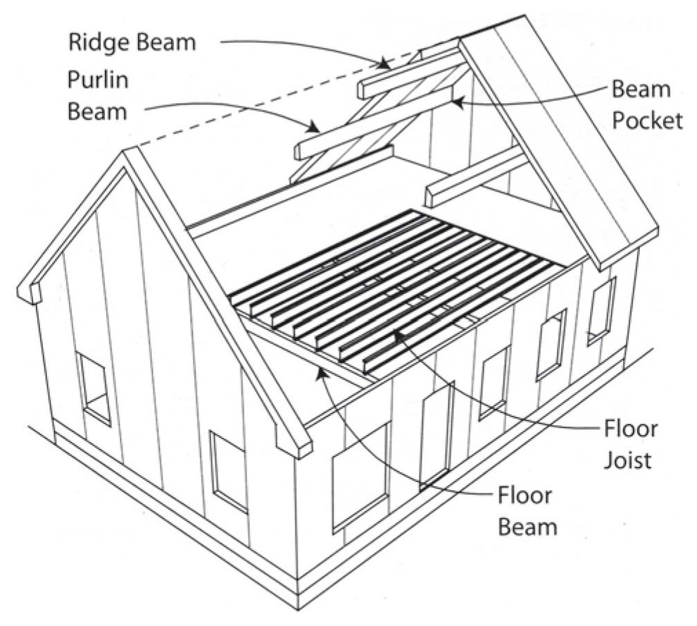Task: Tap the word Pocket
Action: tap(646, 121)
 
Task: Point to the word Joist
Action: tap(628, 460)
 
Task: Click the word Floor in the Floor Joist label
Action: tap(631, 429)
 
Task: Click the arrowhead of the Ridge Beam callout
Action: tap(386, 66)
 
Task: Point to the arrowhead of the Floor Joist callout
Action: tap(398, 334)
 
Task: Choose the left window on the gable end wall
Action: tap(94, 388)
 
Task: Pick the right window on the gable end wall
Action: tap(228, 470)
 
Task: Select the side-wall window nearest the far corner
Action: tap(601, 309)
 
